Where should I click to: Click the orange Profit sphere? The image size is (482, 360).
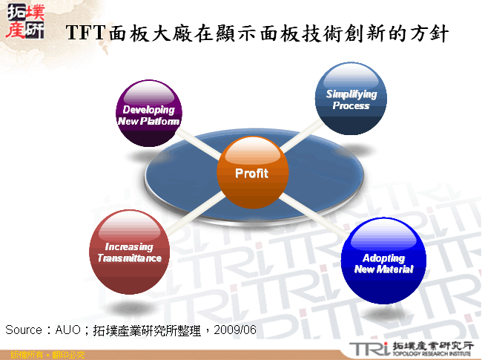[x=251, y=173]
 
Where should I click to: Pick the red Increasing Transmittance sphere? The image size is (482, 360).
[x=129, y=252]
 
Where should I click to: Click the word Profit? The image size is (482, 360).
[x=251, y=174]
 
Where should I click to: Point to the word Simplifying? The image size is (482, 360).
[x=351, y=94]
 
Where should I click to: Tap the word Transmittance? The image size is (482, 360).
[x=130, y=258]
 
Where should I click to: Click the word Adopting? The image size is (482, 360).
[x=383, y=258]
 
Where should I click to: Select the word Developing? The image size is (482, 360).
[x=149, y=110]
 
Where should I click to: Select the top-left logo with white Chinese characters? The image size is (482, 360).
[x=24, y=20]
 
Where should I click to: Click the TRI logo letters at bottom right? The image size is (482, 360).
[x=366, y=349]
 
